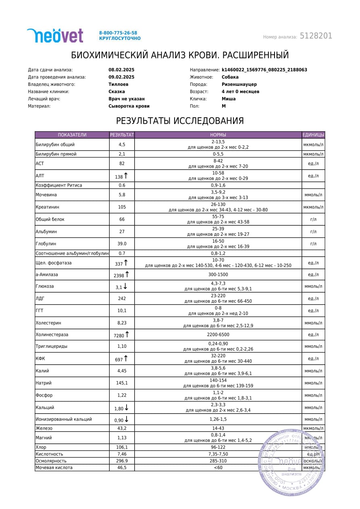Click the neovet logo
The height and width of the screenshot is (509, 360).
(55, 35)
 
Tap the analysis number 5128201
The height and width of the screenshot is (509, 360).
(316, 36)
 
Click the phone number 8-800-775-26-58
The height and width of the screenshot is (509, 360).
(118, 33)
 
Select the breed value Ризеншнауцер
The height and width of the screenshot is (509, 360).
(239, 84)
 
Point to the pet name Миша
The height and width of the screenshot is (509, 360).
(229, 99)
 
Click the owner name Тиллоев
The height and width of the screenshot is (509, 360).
(119, 84)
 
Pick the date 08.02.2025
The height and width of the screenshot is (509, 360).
(121, 70)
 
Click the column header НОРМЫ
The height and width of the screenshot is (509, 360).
(218, 135)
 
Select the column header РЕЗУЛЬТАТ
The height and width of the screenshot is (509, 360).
(122, 135)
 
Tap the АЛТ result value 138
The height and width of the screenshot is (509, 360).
(119, 177)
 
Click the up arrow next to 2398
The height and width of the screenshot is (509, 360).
(127, 274)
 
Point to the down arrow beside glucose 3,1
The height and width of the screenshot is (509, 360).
(125, 287)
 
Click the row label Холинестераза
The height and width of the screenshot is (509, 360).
(52, 334)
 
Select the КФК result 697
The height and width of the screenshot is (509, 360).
(119, 359)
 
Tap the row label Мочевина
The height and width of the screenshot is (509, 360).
(46, 195)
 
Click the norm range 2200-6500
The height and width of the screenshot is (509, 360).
(218, 334)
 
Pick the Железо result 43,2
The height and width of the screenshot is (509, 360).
(122, 428)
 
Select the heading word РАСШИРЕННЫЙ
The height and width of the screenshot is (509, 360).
(256, 55)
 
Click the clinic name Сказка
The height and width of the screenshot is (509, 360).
(117, 91)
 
